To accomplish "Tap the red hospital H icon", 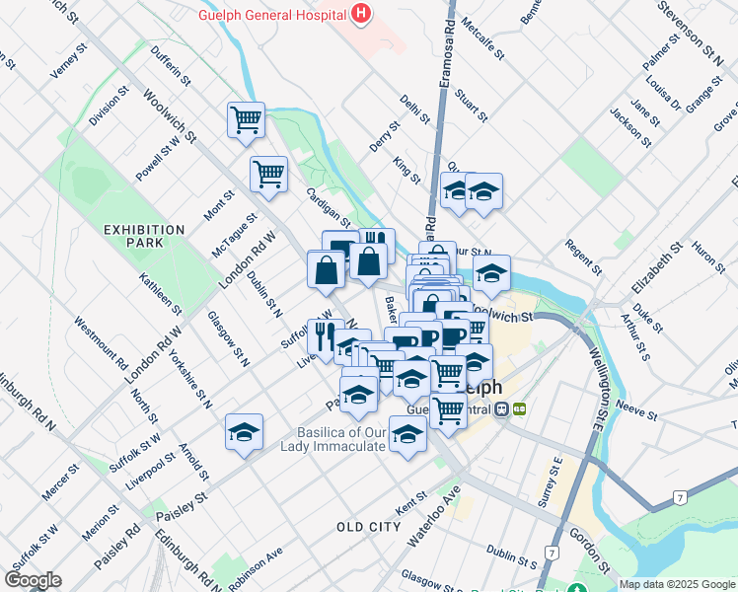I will [x=361, y=14].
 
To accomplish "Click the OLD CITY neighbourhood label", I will [x=368, y=527].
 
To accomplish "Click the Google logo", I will [x=33, y=580].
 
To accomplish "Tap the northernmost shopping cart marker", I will [x=246, y=121].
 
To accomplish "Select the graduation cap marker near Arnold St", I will [x=244, y=432].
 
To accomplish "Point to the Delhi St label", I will [x=416, y=110].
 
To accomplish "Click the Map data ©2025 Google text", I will [x=677, y=584].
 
